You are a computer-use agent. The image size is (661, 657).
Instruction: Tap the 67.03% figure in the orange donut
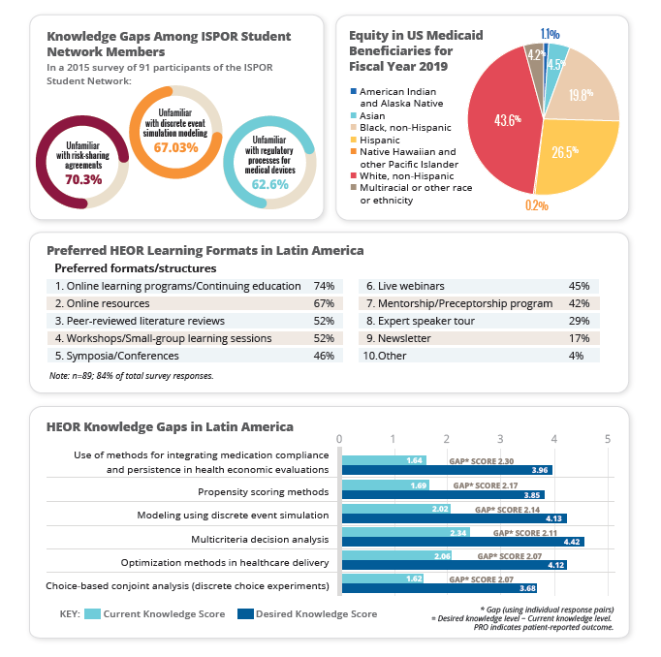[175, 147]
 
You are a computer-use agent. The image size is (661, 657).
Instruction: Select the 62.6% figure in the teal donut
[271, 184]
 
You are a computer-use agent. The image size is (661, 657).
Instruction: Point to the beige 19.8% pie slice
[582, 92]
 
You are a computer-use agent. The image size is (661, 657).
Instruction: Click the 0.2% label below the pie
[535, 205]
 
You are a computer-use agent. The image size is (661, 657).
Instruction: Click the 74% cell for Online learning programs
[324, 286]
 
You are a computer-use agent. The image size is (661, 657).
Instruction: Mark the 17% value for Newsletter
[580, 338]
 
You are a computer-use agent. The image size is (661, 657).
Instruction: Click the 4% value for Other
[582, 356]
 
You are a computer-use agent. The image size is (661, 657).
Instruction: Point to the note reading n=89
[131, 375]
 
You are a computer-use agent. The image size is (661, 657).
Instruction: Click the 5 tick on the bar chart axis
[607, 439]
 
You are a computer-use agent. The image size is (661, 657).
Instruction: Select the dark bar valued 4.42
[461, 542]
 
